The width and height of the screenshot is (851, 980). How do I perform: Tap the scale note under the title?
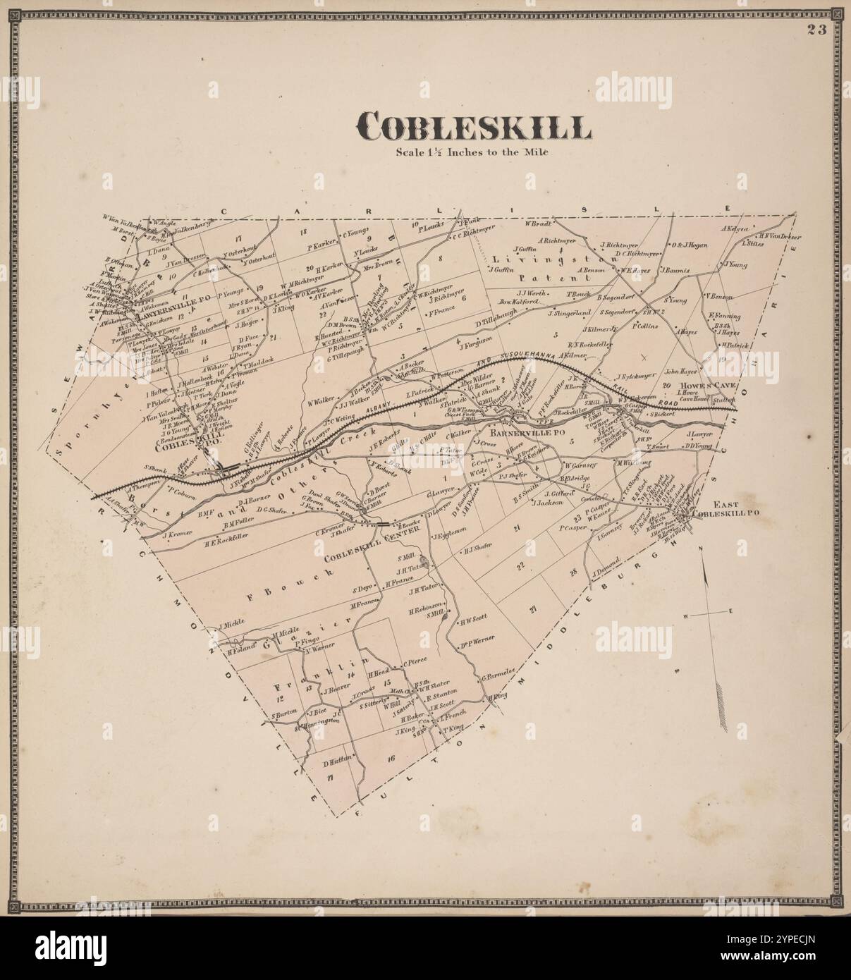click(472, 151)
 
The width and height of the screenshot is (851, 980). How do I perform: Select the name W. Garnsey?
click(580, 465)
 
